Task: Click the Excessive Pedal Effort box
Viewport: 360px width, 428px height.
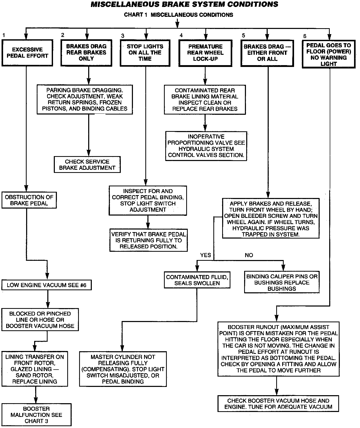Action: coord(27,53)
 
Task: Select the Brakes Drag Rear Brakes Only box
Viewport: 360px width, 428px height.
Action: coord(86,52)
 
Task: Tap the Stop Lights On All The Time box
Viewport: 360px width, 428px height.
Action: coord(145,53)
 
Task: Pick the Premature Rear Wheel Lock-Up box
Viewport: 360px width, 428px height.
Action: coord(205,53)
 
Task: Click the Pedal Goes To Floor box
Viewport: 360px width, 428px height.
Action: coord(329,55)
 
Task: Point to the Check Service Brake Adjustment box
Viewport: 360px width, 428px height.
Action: coord(87,165)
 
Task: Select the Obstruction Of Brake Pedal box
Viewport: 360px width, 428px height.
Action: coord(29,200)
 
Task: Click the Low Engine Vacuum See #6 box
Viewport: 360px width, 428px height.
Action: coord(47,285)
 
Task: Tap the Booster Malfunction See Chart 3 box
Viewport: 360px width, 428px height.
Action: coord(36,415)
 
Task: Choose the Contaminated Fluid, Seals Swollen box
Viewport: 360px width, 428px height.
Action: coord(197,280)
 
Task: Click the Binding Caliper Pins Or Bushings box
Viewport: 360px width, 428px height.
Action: coord(282,282)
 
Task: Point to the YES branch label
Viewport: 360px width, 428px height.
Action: coord(206,255)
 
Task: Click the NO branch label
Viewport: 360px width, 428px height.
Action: coord(249,255)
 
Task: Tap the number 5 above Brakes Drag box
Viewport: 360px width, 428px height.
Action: coord(243,35)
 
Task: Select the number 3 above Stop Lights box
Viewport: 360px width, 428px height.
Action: coord(123,36)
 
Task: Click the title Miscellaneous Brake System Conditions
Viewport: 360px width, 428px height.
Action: coord(184,4)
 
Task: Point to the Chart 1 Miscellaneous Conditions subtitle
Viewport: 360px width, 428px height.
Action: coord(178,15)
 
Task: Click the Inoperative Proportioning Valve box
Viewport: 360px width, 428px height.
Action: coord(206,146)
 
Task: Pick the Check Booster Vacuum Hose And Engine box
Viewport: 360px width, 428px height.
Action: coord(278,404)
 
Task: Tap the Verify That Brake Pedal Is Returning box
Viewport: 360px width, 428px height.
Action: coord(148,240)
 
